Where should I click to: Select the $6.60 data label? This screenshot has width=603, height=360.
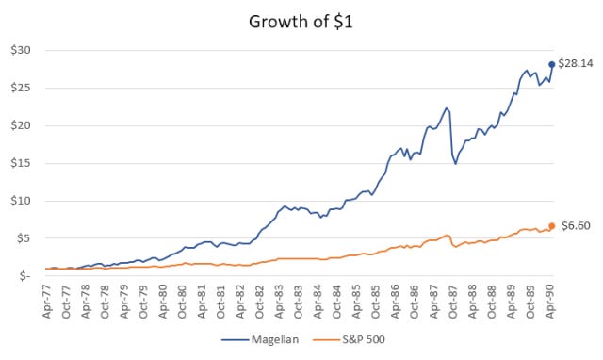click(574, 226)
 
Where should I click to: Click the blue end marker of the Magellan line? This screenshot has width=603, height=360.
click(551, 64)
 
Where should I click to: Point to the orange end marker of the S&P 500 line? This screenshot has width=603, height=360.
click(551, 226)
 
